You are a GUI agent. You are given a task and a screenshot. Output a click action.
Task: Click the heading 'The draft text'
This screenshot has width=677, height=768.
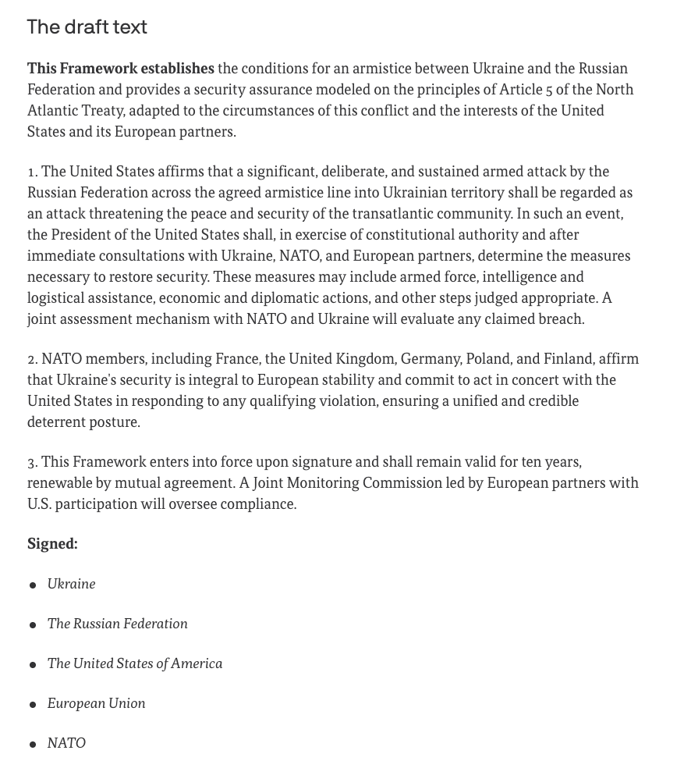point(87,27)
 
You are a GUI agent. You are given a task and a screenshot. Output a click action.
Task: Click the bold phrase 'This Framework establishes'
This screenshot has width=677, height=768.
point(120,69)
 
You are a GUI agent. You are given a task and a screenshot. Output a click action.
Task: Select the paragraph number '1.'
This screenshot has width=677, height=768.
point(33,172)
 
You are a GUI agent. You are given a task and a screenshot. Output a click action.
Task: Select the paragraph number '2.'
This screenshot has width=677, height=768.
point(33,359)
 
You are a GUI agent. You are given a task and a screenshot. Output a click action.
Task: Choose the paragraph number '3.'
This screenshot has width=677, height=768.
point(33,462)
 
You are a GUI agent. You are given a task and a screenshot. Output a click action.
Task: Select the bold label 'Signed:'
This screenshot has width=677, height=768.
point(52,544)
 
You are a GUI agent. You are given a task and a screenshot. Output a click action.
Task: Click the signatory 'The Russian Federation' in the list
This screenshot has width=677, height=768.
point(117,624)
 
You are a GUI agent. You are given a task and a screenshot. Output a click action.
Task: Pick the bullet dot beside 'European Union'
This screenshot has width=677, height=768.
point(33,705)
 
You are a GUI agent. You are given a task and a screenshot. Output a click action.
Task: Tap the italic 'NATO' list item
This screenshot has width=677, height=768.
point(66,743)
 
